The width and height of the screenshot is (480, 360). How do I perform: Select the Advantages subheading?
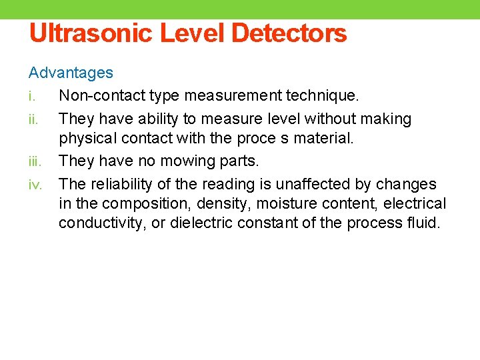pos(71,73)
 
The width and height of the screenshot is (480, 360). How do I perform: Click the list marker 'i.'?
pos(31,96)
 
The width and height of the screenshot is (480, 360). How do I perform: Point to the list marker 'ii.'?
pos(32,119)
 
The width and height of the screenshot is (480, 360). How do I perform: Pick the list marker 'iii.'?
pos(34,161)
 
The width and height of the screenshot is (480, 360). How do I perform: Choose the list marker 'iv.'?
pos(35,184)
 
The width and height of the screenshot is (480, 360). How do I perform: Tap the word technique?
pos(323,96)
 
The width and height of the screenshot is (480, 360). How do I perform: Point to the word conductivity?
pos(101,223)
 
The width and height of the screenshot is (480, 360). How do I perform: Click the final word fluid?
pos(426,223)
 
